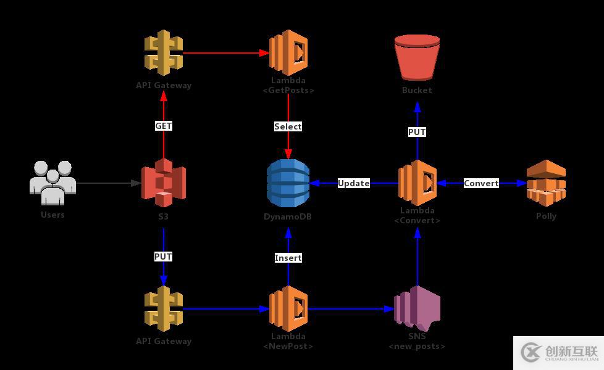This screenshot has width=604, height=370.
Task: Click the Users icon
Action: (x=52, y=183)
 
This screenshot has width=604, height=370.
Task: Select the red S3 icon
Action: (x=164, y=183)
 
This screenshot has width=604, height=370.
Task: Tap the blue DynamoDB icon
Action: (x=288, y=183)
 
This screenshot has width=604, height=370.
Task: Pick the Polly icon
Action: (x=546, y=183)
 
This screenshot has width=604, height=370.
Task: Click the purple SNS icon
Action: (x=417, y=308)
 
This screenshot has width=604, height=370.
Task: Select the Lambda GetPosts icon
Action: (x=288, y=52)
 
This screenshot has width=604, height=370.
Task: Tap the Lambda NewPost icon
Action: (x=288, y=308)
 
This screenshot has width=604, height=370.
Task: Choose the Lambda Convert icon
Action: (x=417, y=183)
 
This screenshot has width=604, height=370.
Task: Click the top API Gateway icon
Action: (x=164, y=52)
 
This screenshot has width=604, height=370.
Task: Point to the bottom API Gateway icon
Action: (x=164, y=308)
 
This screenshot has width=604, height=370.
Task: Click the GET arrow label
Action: (x=164, y=126)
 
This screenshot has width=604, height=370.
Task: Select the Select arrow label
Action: (x=288, y=126)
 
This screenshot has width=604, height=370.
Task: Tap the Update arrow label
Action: (x=353, y=183)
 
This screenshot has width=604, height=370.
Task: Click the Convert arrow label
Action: (x=481, y=183)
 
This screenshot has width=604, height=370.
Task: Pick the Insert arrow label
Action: (x=288, y=258)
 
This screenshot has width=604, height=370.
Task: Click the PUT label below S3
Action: (x=164, y=257)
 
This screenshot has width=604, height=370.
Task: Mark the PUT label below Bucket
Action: (x=417, y=132)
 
